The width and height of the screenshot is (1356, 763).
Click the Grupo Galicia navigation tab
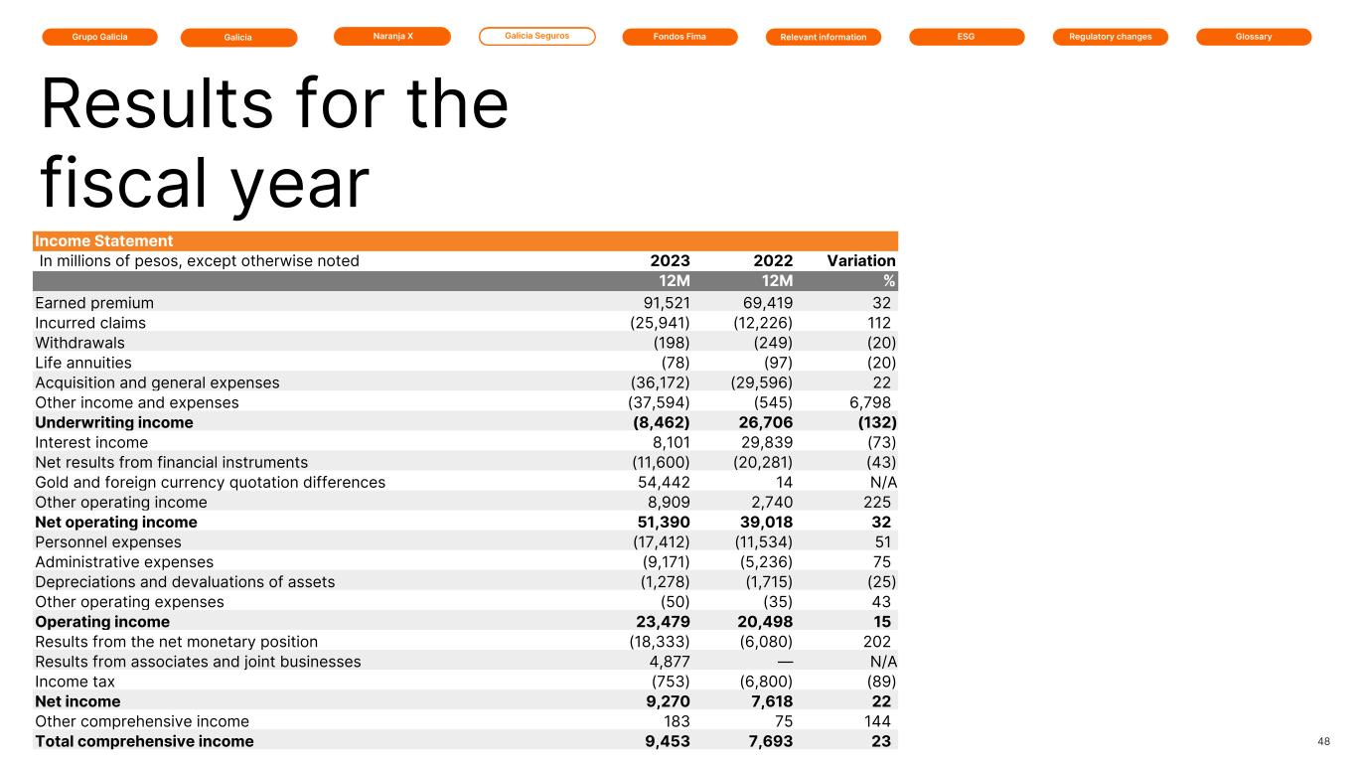[x=99, y=37]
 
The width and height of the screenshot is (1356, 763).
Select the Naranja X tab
[x=392, y=36]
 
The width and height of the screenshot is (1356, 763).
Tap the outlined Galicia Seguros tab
[x=536, y=36]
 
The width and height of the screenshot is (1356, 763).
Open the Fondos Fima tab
[x=679, y=37]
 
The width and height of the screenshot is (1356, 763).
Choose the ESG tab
[x=966, y=37]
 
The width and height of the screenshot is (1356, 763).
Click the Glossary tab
[x=1253, y=37]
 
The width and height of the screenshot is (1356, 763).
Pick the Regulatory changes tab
[x=1110, y=37]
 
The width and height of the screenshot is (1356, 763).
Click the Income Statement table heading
[x=104, y=241]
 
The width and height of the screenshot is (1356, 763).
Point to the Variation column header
[x=860, y=261]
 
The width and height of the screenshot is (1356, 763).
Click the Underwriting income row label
[x=114, y=422]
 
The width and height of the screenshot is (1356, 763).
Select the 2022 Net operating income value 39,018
[x=768, y=522]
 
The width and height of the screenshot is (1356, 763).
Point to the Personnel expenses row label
[x=108, y=541]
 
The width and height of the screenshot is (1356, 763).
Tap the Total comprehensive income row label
[x=144, y=741]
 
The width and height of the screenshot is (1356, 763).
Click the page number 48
[x=1323, y=741]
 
